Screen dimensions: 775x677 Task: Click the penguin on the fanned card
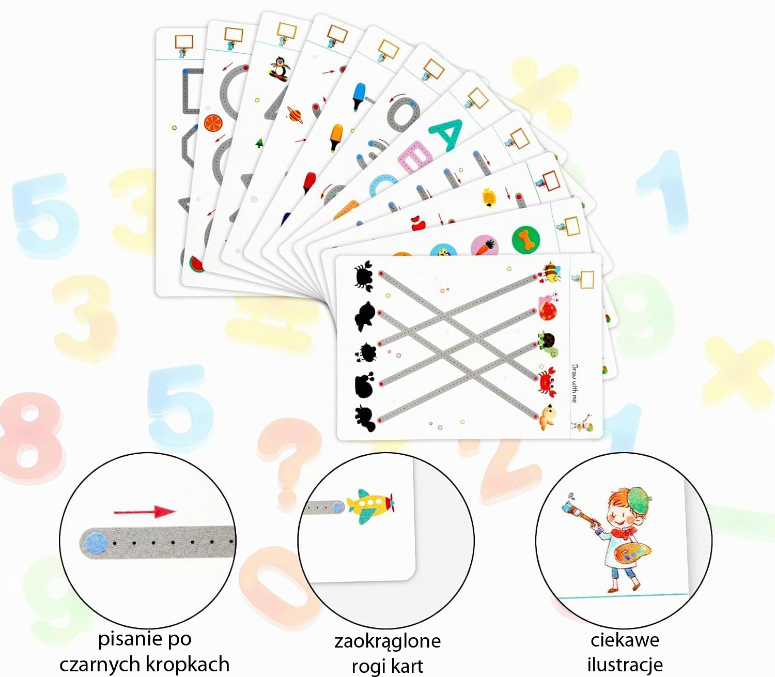tap(279, 68)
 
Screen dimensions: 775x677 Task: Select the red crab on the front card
tap(547, 381)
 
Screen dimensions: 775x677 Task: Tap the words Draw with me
tap(575, 383)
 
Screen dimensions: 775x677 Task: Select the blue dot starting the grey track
tap(96, 543)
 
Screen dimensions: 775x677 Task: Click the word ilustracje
tap(625, 664)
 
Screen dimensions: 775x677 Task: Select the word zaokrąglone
tap(388, 642)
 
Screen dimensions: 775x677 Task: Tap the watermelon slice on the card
tap(196, 264)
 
